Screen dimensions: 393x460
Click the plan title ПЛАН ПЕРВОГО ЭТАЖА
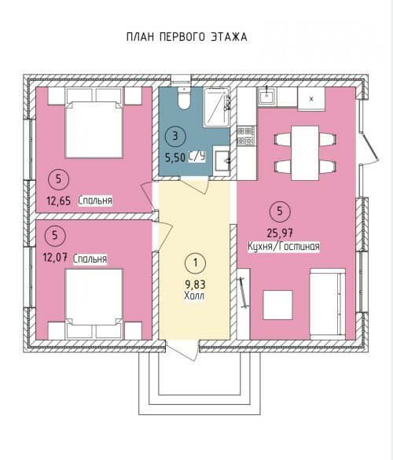tap(187, 37)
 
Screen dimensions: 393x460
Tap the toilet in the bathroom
tap(184, 98)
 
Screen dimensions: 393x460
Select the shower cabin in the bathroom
tap(216, 107)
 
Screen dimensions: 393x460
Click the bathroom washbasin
tap(222, 160)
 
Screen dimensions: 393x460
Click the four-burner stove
tap(245, 135)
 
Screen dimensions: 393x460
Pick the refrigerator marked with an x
tap(311, 99)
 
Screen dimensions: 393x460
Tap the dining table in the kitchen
tap(305, 153)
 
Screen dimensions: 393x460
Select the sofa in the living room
tap(328, 304)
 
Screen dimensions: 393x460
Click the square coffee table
tap(277, 305)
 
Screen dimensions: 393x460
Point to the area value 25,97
tap(280, 234)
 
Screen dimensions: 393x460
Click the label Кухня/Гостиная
tap(284, 246)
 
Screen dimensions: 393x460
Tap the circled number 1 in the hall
tap(196, 263)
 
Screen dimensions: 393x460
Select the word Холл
tap(194, 296)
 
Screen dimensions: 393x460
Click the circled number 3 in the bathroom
tap(175, 136)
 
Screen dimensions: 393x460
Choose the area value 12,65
tap(59, 201)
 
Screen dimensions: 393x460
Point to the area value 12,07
tap(55, 258)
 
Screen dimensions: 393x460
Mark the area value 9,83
tap(195, 285)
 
